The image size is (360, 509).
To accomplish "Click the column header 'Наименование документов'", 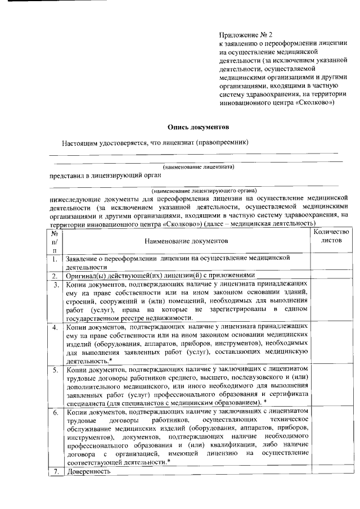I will [186, 241].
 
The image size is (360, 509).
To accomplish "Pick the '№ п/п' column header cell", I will [55, 241].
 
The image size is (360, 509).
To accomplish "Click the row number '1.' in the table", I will [55, 259].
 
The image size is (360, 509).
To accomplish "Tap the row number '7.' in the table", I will [55, 472].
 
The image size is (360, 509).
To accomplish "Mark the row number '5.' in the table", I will [55, 371].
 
